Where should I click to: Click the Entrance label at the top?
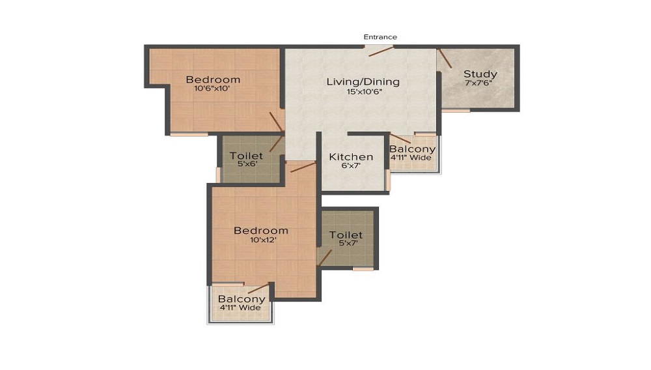[380, 37]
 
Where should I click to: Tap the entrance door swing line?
[381, 51]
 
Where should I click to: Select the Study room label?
[480, 74]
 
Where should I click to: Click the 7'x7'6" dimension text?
[480, 83]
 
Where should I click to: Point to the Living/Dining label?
[363, 82]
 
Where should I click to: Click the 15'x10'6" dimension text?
[363, 92]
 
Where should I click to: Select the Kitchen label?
[351, 157]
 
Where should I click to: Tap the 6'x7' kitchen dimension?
[351, 166]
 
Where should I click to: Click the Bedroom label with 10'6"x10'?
[213, 80]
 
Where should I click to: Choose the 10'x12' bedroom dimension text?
[260, 240]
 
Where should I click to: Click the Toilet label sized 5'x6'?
[247, 156]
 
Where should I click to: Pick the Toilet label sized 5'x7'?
[346, 235]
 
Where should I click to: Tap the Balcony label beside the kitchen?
[413, 149]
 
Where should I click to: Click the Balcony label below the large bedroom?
[242, 299]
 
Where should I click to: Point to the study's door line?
[445, 59]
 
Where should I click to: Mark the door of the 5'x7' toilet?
[324, 257]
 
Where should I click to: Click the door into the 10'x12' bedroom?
[303, 167]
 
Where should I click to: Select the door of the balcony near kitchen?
[400, 138]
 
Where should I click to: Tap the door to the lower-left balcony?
[258, 289]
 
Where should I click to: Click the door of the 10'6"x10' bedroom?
[277, 121]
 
